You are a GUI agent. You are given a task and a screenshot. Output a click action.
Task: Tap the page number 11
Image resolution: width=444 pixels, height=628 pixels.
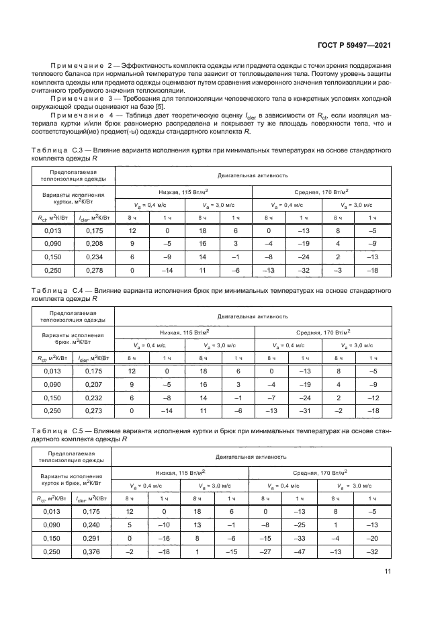click(x=388, y=572)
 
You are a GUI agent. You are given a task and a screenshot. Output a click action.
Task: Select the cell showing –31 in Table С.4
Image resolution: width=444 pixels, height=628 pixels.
click(x=304, y=410)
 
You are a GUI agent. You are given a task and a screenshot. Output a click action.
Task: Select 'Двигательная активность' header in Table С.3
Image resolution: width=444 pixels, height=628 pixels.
click(x=253, y=175)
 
